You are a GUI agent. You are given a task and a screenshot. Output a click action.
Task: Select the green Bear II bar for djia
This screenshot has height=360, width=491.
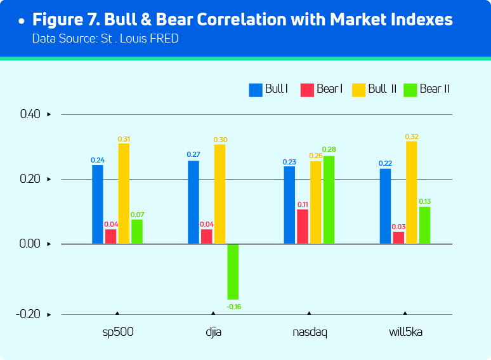[233, 271]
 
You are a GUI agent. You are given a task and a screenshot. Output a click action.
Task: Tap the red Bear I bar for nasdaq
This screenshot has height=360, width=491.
[303, 226]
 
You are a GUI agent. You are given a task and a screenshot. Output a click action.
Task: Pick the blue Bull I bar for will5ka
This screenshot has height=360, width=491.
[385, 206]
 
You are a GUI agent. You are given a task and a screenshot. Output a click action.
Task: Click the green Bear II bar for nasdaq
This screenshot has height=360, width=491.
[329, 199]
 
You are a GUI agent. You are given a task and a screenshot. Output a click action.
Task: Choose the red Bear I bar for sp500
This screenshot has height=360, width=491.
[110, 236]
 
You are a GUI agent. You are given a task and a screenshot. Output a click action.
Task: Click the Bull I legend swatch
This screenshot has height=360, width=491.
[256, 90]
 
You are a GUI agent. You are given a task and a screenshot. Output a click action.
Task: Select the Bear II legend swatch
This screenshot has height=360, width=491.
[410, 90]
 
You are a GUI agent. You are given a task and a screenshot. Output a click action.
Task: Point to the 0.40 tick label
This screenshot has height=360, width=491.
[30, 114]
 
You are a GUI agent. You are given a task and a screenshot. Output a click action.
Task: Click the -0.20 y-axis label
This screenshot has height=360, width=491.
[29, 314]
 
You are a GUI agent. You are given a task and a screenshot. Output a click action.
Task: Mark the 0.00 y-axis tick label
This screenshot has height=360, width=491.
[30, 244]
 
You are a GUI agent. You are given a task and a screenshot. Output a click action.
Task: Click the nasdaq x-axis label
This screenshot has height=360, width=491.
[309, 332]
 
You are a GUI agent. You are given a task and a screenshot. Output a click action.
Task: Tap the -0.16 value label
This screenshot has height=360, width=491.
[233, 307]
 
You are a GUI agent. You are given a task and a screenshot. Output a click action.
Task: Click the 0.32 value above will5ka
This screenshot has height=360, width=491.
[412, 136]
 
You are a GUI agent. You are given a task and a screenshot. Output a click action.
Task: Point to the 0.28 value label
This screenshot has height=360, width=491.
[329, 150]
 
